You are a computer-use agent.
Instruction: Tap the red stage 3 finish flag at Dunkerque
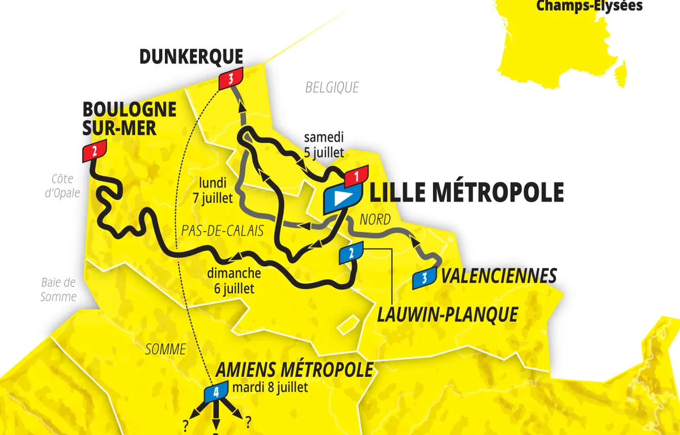tap(230, 79)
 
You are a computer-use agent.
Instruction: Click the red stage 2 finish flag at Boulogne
tap(94, 151)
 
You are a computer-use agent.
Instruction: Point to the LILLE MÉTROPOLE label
tap(466, 193)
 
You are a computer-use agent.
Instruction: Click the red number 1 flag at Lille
tap(356, 176)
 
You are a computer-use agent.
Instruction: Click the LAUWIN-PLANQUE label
tap(447, 314)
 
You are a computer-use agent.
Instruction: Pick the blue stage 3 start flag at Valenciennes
tap(425, 278)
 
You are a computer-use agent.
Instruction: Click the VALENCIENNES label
tap(499, 276)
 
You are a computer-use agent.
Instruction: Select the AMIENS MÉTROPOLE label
tap(294, 370)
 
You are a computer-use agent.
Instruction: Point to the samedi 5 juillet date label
tap(324, 144)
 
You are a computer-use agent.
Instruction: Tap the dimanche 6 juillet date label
tap(233, 280)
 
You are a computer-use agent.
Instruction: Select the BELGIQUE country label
tap(332, 87)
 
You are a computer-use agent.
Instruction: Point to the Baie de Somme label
tap(58, 289)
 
